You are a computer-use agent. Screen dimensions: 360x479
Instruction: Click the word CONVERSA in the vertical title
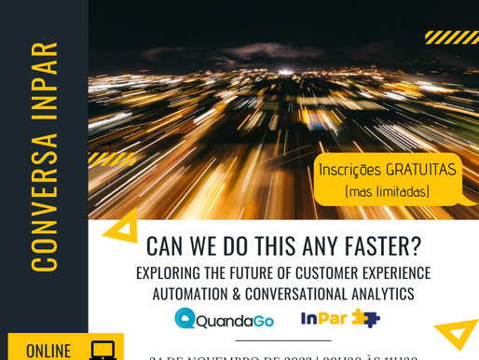(x=44, y=201)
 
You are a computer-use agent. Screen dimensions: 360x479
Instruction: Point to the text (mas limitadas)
(x=387, y=191)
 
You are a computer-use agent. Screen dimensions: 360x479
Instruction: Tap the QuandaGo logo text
(x=237, y=320)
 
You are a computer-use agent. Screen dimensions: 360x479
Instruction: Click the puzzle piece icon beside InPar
(x=365, y=318)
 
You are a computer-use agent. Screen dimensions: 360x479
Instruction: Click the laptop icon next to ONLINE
(x=103, y=350)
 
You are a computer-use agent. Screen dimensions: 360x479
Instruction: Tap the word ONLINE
(x=48, y=351)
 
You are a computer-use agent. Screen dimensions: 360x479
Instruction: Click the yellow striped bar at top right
(x=451, y=37)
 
